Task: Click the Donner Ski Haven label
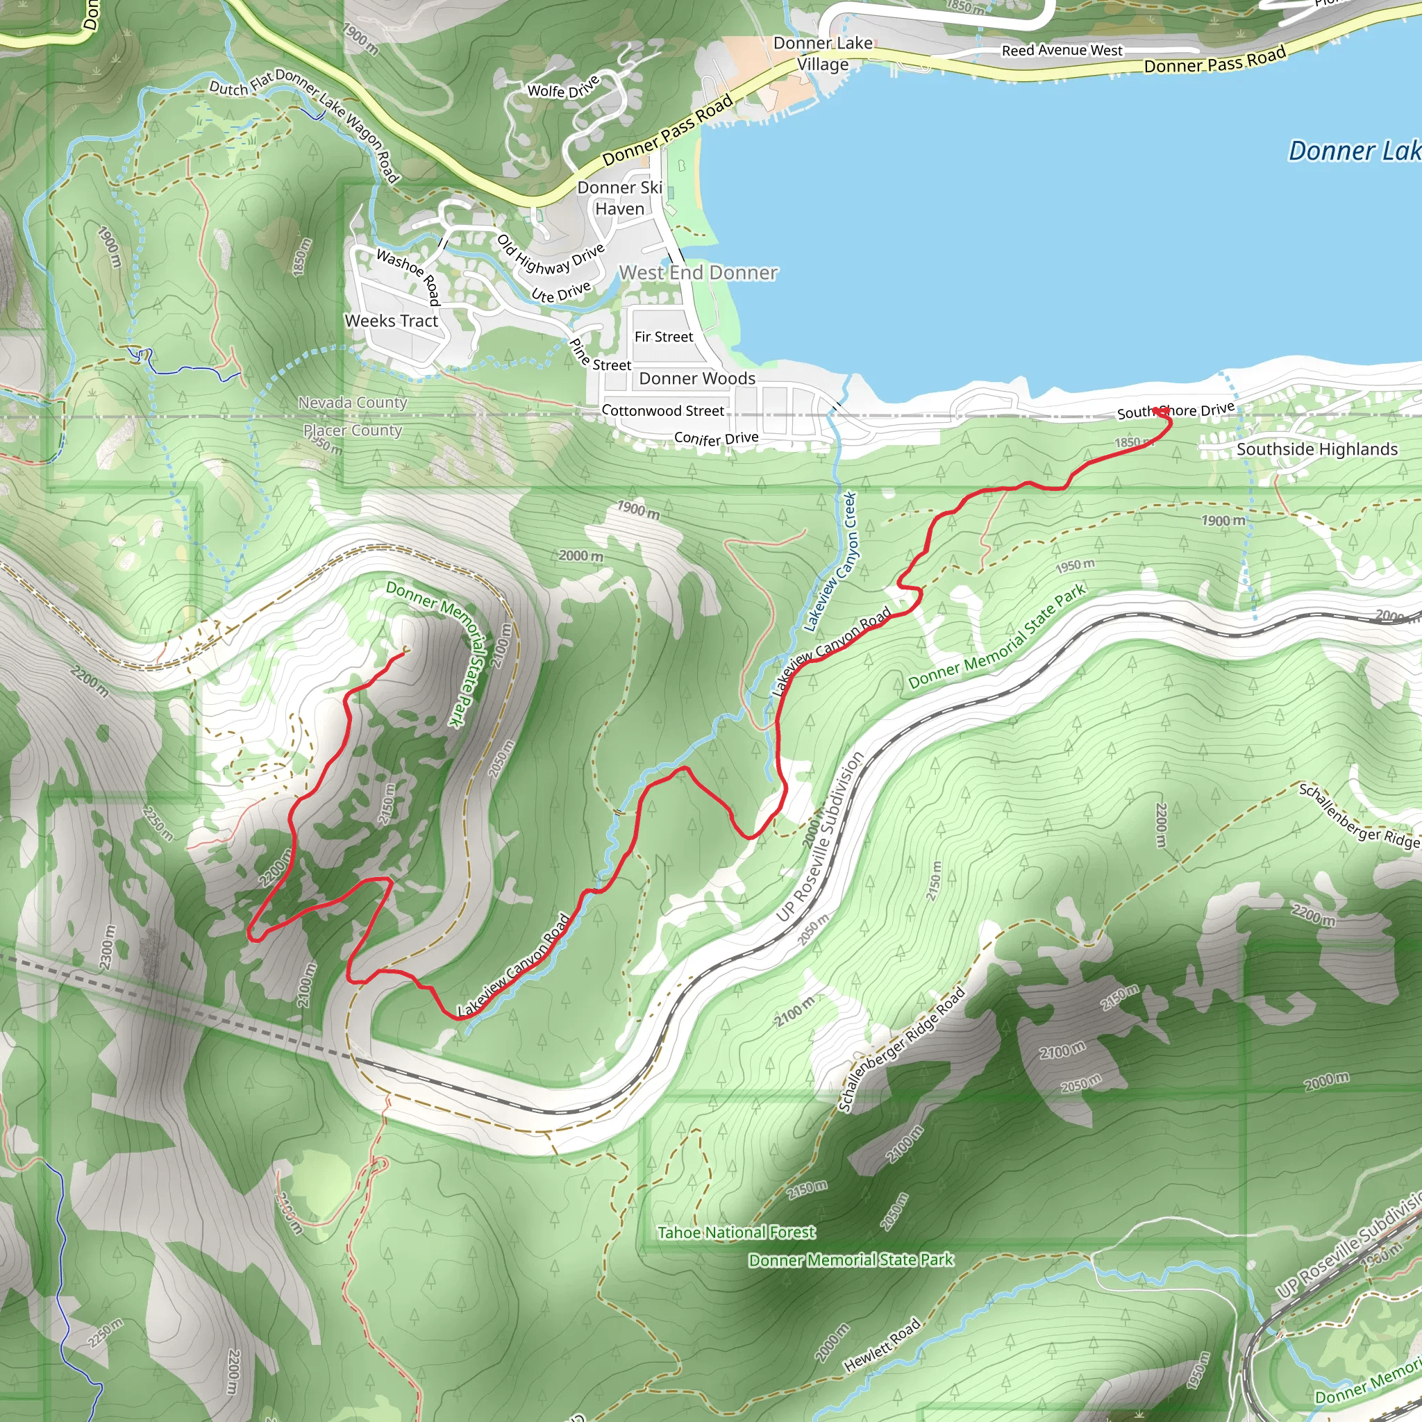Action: [x=620, y=198]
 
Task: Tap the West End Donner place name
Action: [x=698, y=273]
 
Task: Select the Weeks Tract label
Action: [x=391, y=321]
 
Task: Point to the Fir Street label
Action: [x=663, y=337]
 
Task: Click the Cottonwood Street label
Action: [x=662, y=411]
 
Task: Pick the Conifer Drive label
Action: [x=715, y=439]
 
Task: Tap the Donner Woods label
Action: [x=696, y=378]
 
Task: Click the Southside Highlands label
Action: [x=1316, y=449]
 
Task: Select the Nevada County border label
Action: [x=352, y=403]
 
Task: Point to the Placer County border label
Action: [x=352, y=430]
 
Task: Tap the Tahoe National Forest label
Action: [x=736, y=1232]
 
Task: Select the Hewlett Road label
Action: [x=882, y=1345]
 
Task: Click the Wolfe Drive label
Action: [x=563, y=87]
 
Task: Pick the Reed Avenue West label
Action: [x=1062, y=51]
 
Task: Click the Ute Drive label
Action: [x=561, y=292]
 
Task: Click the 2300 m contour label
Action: [x=108, y=946]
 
